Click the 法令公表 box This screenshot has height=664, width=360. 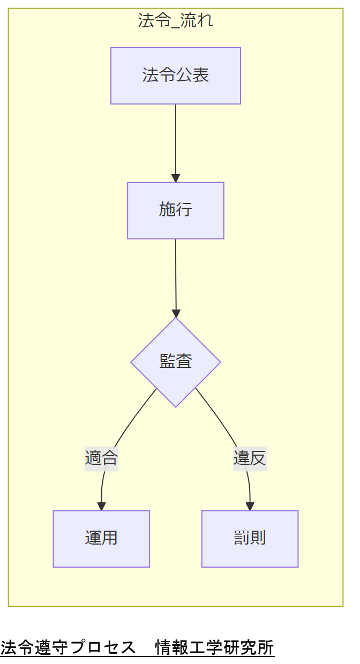tap(175, 76)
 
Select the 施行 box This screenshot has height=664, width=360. tap(175, 210)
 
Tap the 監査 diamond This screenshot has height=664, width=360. tap(175, 362)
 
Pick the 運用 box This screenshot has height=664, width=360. tap(101, 539)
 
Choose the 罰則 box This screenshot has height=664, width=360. tap(250, 539)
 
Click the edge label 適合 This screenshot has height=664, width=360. tap(101, 458)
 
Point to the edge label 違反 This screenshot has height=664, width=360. tap(250, 458)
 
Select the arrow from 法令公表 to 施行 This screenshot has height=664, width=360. tap(175, 142)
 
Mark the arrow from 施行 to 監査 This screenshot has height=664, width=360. tap(176, 276)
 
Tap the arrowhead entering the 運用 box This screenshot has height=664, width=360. tap(101, 507)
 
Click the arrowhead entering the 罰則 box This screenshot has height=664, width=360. tap(250, 507)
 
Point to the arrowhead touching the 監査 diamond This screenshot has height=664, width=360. tap(176, 313)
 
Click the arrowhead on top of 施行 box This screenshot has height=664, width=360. tap(175, 178)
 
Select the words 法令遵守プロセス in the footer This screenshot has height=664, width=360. tap(68, 648)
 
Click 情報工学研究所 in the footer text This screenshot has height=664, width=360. tap(214, 648)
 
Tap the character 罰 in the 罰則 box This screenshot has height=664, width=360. tap(242, 539)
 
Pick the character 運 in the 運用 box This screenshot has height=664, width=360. tap(93, 539)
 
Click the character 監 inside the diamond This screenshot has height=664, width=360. tap(167, 362)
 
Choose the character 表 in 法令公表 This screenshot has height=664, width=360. tap(200, 76)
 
